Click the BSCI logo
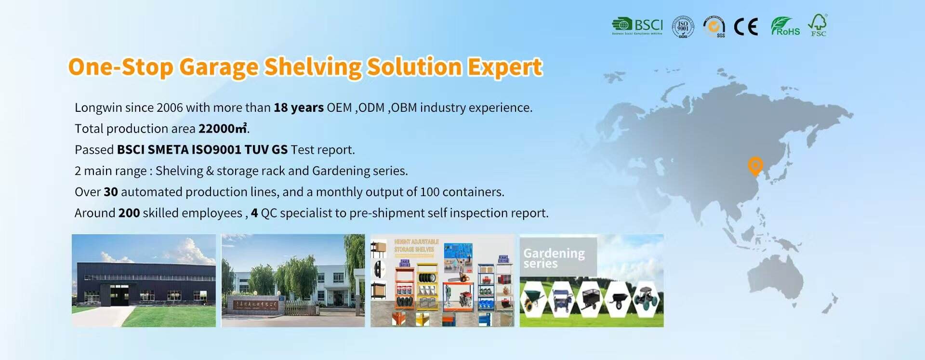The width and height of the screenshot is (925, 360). tap(637, 26)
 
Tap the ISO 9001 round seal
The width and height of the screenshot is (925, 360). tap(683, 27)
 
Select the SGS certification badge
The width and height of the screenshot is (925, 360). tap(714, 27)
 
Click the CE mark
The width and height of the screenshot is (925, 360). tap(746, 27)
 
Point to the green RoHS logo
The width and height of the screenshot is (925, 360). tap(785, 27)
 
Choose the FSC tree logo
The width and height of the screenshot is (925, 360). tap(818, 25)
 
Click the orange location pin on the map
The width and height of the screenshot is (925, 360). tap(755, 166)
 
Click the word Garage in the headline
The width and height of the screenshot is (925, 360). tap(219, 67)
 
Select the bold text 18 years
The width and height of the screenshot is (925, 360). tap(299, 107)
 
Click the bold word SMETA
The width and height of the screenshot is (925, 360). tap(168, 150)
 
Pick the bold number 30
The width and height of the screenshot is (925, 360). tap(111, 192)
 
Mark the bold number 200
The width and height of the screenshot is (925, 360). tap(129, 213)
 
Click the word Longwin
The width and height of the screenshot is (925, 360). tap(98, 107)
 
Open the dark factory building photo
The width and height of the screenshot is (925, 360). tap(144, 280)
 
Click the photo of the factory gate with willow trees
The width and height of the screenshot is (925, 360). tap(293, 280)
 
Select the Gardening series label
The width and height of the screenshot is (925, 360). tap(554, 258)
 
